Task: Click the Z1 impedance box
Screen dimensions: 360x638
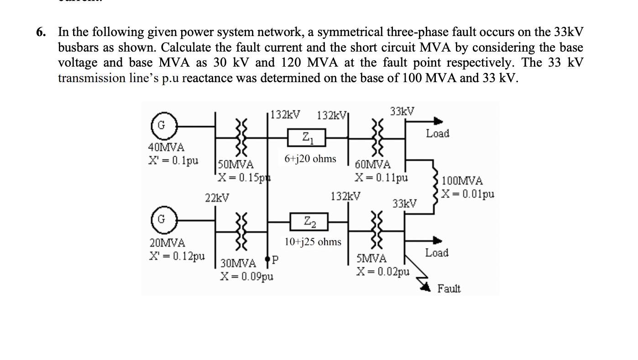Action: [x=306, y=137]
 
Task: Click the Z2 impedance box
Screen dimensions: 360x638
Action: [x=309, y=223]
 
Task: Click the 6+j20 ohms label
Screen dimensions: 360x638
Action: [x=310, y=159]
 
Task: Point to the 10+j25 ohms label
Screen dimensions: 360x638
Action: [x=313, y=242]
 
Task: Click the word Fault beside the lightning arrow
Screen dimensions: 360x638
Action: [x=449, y=289]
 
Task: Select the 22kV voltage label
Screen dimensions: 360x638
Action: [x=217, y=198]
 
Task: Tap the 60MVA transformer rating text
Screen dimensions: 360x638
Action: [x=372, y=165]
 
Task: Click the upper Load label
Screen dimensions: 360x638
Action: [x=437, y=134]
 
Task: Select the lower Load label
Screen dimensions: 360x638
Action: [x=437, y=253]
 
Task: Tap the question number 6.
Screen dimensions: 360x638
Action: [x=42, y=32]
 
